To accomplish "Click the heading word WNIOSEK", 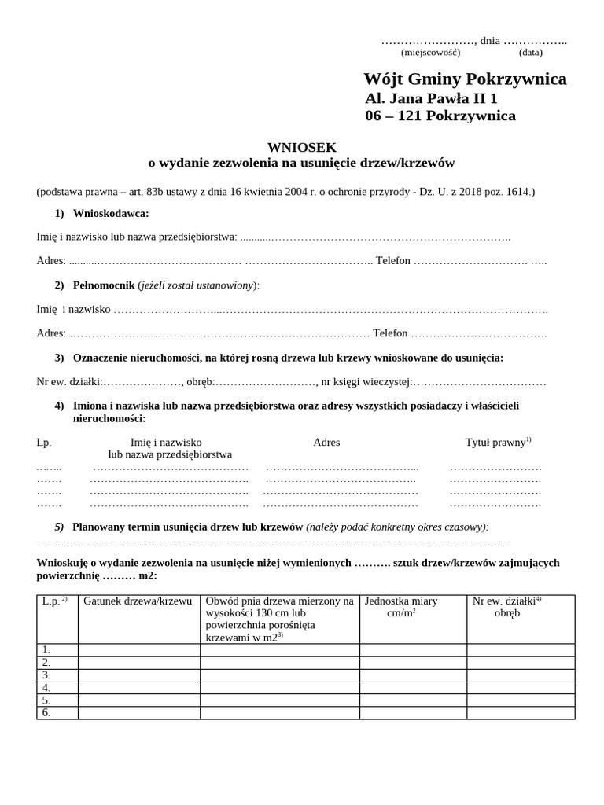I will [x=301, y=147].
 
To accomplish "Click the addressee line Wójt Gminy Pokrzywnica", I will [x=464, y=79].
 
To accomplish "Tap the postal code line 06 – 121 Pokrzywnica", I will [x=440, y=116].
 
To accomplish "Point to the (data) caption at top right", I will [x=530, y=53].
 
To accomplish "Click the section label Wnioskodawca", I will [x=110, y=214].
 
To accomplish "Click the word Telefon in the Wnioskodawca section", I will [x=393, y=261].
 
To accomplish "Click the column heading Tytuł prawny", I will [x=495, y=443].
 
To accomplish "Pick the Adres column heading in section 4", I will [x=326, y=443].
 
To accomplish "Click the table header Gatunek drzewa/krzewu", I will [x=138, y=601].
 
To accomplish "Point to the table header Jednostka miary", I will [x=401, y=601].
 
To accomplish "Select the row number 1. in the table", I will [x=46, y=650].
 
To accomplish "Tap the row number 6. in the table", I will [x=46, y=713].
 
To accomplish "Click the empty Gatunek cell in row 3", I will [x=138, y=675].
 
